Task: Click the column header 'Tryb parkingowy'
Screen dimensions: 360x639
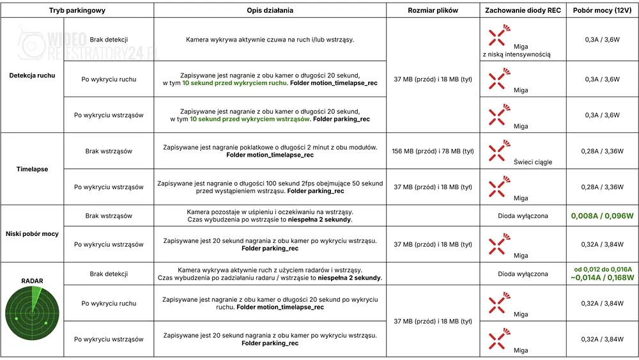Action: pos(77,11)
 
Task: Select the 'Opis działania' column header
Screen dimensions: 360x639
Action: pos(270,11)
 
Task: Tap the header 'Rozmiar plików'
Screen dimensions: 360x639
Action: pos(433,11)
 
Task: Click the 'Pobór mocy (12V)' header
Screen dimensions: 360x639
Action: pos(602,11)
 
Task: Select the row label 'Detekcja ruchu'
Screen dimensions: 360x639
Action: pos(32,75)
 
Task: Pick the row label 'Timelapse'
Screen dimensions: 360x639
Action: pos(32,169)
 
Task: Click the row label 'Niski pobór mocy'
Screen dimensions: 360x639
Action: pos(32,234)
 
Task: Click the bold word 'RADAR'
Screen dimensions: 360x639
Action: pos(32,281)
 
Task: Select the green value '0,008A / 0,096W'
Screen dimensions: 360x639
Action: pos(602,216)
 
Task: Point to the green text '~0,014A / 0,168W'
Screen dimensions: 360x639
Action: pos(602,278)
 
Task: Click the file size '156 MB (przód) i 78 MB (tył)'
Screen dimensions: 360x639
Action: pos(433,152)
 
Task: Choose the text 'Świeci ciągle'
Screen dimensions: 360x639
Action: pos(533,162)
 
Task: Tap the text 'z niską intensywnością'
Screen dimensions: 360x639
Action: pos(516,54)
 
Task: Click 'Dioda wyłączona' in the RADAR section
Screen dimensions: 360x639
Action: pos(523,274)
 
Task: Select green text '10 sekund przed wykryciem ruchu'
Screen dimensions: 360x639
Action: pos(235,83)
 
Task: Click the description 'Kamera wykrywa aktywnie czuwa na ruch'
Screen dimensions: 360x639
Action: pos(270,40)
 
